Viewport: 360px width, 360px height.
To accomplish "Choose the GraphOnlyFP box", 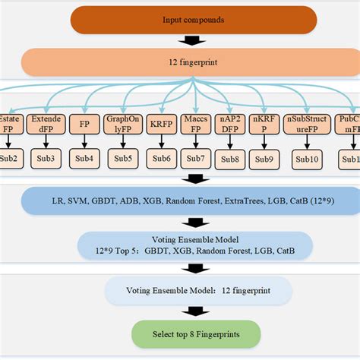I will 123,125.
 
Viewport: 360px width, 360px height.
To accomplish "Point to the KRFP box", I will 160,125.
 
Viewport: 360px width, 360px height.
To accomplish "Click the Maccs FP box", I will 197,125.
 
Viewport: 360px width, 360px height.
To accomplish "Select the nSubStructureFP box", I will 307,125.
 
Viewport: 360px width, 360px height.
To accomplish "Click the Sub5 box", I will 122,158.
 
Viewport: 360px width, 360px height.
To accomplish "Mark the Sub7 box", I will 197,158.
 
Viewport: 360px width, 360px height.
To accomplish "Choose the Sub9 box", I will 267,158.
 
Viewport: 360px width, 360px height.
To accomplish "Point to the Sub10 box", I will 307,158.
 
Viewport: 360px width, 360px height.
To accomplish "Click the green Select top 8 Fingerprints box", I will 195,334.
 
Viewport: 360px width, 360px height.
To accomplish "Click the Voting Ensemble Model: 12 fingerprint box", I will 197,290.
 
